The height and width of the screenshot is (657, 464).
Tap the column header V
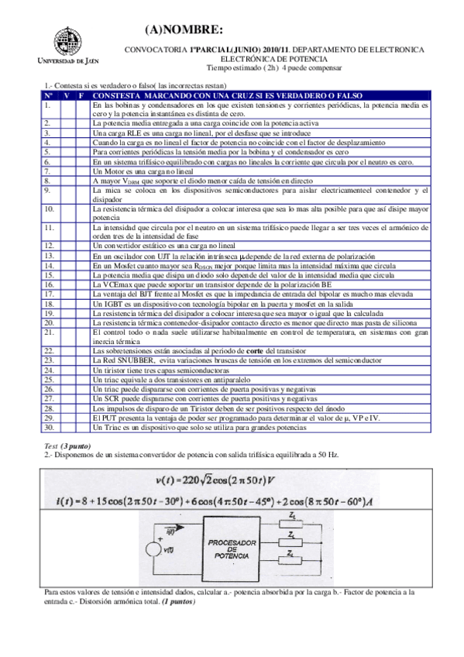[x=67, y=95]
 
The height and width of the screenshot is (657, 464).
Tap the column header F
[x=81, y=95]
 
